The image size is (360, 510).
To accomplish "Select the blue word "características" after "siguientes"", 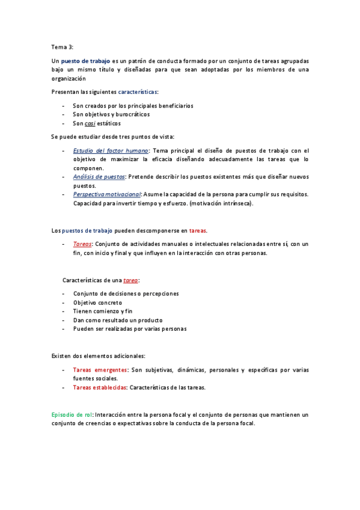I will click(138, 92).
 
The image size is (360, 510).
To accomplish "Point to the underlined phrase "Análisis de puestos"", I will click(99, 177).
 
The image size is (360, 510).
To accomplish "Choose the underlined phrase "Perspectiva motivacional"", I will click(107, 194).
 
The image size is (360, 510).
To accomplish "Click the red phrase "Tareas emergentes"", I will click(100, 370).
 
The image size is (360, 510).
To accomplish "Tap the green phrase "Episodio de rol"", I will click(72, 414).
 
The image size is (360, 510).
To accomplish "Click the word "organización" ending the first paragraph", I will click(68, 78).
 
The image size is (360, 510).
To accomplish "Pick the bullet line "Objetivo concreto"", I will click(97, 303).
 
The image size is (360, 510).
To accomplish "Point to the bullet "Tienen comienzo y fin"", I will click(103, 311).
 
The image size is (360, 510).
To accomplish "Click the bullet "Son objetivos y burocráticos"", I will click(111, 114).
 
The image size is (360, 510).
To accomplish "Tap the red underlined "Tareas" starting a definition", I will click(82, 244).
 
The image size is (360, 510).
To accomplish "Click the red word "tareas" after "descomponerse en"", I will click(198, 230).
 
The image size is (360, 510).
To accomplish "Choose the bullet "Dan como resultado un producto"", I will click(118, 320).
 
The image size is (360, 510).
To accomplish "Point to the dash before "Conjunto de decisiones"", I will click(63, 293).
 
